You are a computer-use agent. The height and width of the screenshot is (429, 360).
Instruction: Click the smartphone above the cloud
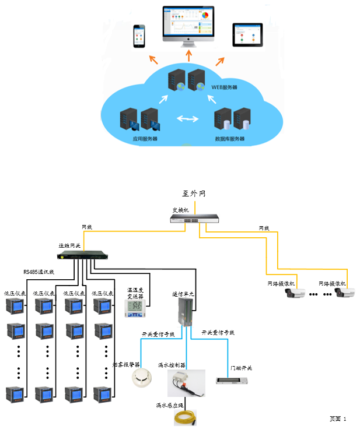[138, 36]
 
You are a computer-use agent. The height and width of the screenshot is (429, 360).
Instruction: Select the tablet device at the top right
[244, 35]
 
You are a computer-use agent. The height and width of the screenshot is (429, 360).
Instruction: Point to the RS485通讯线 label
[39, 272]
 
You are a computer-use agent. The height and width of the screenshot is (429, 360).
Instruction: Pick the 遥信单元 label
[183, 294]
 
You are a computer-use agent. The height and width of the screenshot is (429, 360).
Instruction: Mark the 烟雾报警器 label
[124, 365]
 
